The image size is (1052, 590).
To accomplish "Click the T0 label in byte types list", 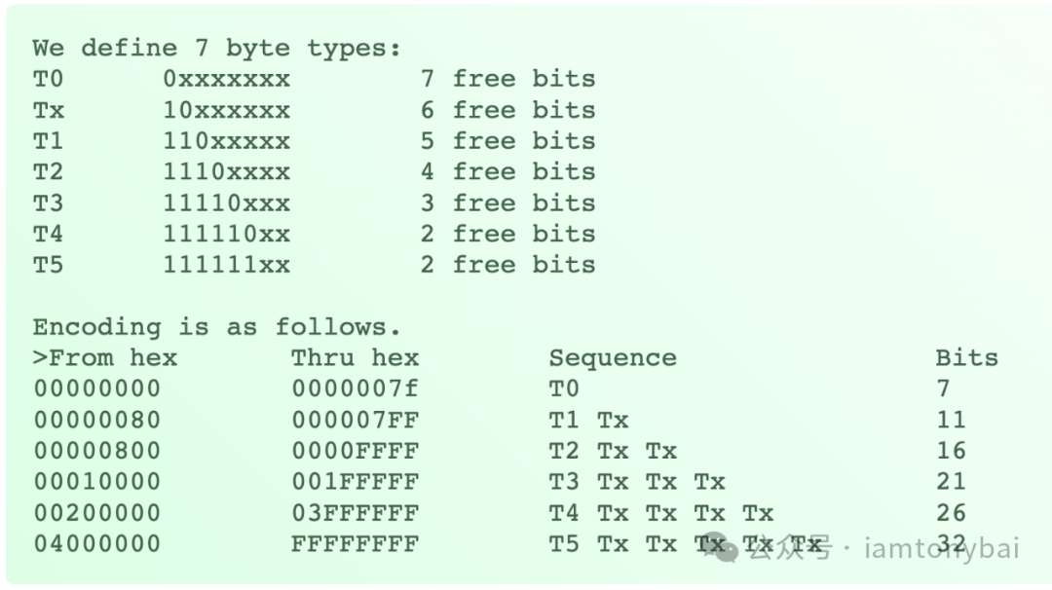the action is pos(48,79).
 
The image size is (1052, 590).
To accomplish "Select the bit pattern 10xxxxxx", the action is pos(226,110).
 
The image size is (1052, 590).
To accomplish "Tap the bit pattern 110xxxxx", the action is pos(226,141).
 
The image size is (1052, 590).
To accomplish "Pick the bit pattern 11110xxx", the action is pos(226,203).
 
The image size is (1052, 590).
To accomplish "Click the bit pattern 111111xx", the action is pos(226,265).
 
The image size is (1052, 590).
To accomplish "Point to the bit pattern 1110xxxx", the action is pos(226,172).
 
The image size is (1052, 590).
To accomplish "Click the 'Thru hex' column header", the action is pos(355,357).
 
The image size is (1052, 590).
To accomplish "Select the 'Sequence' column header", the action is pos(612,357).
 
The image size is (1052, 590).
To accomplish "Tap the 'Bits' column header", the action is pos(966,357).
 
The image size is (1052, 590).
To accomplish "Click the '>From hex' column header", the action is pos(105,357).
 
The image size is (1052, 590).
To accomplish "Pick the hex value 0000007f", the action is pos(355,388).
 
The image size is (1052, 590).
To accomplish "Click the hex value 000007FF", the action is pos(355,420).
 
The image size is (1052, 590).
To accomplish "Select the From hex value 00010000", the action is pos(97,482).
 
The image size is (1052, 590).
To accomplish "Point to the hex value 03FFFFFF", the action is pos(355,513).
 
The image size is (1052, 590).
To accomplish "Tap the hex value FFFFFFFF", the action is pos(355,544).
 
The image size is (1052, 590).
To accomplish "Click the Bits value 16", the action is pos(951,451).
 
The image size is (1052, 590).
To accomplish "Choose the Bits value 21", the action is pos(951,482).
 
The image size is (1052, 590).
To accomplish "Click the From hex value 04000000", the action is pos(97,544).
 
